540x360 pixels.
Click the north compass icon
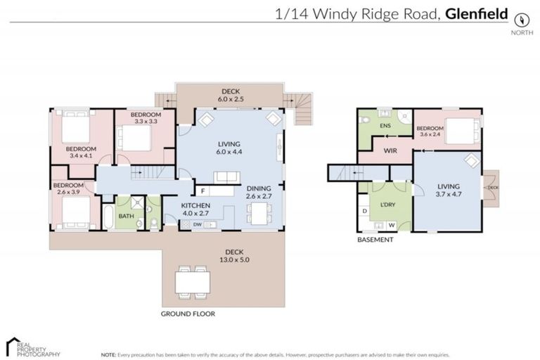click(520, 20)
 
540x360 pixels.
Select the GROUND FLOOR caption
click(188, 314)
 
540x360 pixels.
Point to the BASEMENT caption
click(375, 239)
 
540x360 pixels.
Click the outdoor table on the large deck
click(192, 281)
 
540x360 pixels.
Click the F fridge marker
click(203, 191)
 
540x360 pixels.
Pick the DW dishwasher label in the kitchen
click(198, 224)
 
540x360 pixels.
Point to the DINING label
click(258, 188)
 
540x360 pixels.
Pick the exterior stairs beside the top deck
click(302, 109)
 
